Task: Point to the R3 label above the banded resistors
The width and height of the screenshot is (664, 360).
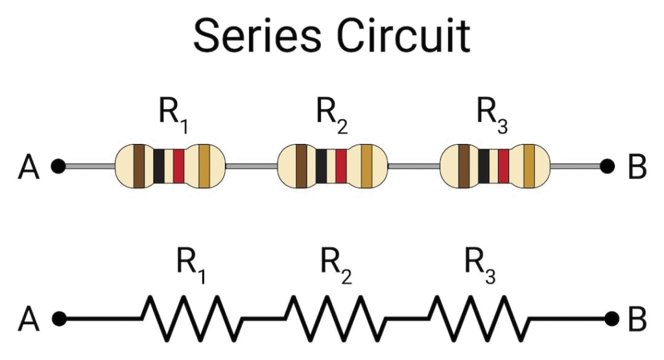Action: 492,115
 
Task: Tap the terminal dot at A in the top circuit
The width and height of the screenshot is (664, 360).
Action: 58,166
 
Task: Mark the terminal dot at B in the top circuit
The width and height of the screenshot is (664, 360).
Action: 607,166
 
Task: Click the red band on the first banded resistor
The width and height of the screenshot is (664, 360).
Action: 179,166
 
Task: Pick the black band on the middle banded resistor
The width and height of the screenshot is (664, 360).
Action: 322,166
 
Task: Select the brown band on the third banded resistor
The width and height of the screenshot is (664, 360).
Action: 464,166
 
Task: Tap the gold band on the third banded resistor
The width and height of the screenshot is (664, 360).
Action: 529,166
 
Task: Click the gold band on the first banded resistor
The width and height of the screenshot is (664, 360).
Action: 204,166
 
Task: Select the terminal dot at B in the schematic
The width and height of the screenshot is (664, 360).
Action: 611,318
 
